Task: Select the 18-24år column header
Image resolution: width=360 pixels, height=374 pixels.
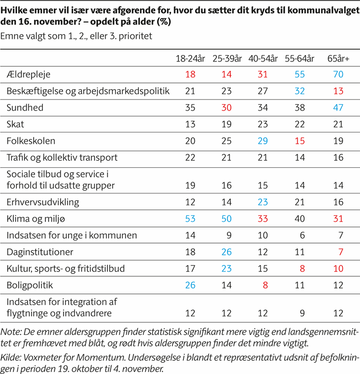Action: [191, 58]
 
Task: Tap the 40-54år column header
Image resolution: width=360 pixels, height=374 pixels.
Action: [263, 58]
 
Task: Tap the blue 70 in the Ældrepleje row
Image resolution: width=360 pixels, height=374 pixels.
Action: [338, 74]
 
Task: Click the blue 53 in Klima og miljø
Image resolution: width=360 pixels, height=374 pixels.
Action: [191, 219]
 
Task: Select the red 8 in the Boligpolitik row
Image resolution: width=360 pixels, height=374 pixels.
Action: [263, 285]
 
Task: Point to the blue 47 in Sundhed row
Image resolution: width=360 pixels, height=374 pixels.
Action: [338, 107]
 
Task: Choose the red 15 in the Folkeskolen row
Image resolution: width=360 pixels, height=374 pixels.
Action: [300, 141]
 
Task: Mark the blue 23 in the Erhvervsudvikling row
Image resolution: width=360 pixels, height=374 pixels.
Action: [263, 202]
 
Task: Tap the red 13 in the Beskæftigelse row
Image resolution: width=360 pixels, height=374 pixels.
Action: [338, 91]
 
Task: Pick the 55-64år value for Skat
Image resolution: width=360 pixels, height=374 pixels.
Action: [300, 124]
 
